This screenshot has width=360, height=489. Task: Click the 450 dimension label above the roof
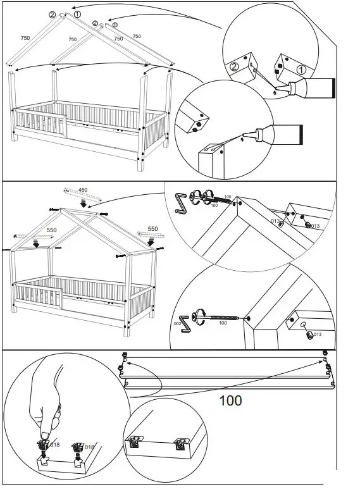[x=83, y=189]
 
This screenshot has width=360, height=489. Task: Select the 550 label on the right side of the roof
[x=152, y=228]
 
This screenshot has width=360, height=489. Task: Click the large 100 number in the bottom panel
[x=230, y=400]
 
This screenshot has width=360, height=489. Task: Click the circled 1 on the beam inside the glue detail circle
[x=302, y=70]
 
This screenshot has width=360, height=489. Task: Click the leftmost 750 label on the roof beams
[x=25, y=38]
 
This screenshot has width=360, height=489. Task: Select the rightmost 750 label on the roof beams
[x=137, y=37]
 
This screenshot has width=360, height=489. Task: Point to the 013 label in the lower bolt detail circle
[x=317, y=334]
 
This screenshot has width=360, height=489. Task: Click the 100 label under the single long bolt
[x=223, y=323]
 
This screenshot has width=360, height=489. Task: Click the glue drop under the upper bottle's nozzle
[x=274, y=94]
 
